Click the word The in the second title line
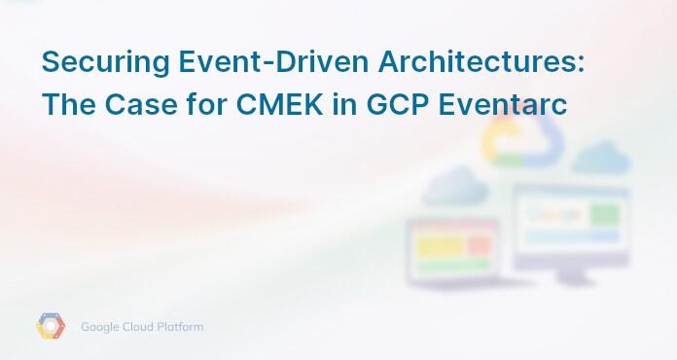tap(68, 104)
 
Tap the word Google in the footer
tap(103, 327)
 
